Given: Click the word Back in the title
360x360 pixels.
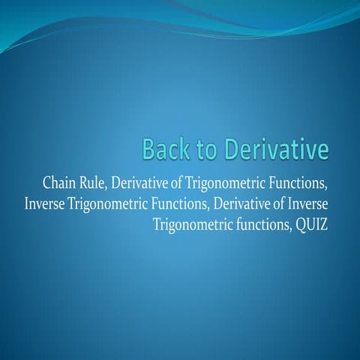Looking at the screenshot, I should coord(166,149).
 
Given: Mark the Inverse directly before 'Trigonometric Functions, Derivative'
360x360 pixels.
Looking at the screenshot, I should coord(46,205).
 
